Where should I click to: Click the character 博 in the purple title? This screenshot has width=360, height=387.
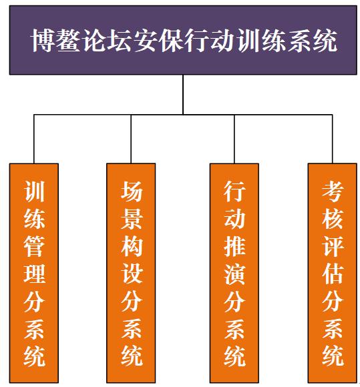coord(43,41)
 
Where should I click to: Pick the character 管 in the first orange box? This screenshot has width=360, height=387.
coord(34,246)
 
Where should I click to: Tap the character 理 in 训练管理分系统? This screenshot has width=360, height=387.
coord(34,273)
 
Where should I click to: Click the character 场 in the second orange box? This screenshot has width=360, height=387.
coord(131,191)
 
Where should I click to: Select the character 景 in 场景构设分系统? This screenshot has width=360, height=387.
coord(131,218)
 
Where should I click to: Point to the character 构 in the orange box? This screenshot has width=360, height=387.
coord(131,246)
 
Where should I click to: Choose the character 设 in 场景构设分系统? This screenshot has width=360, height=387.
coord(131,273)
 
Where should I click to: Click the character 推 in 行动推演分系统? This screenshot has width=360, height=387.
coord(234,246)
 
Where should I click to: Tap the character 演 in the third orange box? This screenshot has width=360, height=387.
coord(234,273)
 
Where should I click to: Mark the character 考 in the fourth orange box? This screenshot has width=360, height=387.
coord(333,191)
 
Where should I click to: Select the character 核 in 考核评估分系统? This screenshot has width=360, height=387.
coord(333,218)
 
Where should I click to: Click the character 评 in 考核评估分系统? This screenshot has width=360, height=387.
coord(333,246)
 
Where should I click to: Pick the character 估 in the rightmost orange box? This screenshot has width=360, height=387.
coord(333,273)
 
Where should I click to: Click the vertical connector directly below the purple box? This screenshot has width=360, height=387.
coord(183,95)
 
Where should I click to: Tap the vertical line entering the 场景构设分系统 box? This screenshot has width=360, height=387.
coord(131,139)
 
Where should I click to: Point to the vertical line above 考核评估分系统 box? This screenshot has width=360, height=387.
coord(333,139)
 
